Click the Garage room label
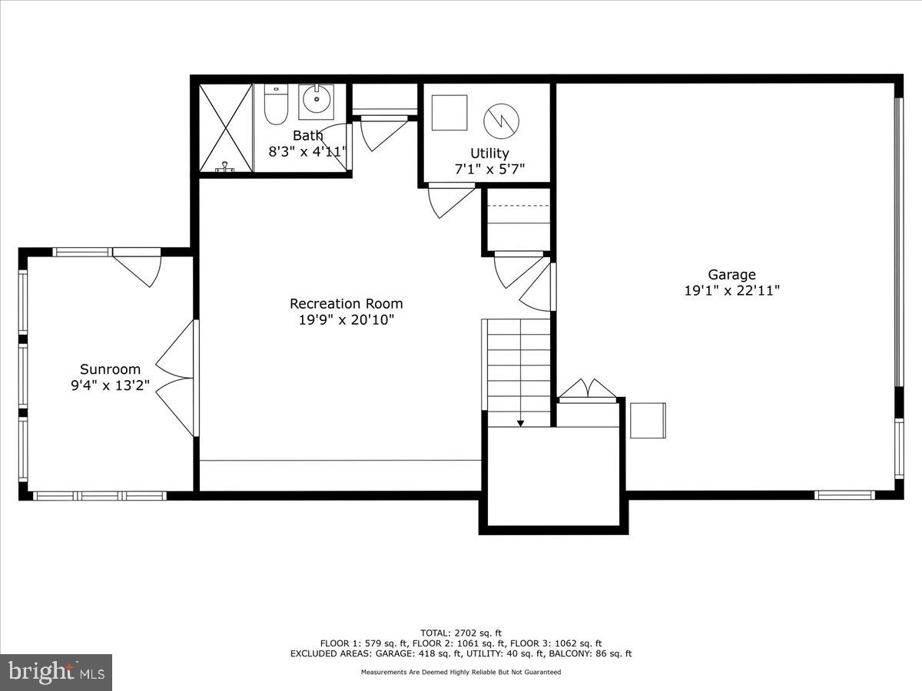(731, 274)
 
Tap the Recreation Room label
(346, 303)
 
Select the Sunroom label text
(110, 369)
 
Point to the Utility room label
(489, 153)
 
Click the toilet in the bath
(275, 105)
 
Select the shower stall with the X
(225, 127)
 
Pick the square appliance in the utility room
(449, 113)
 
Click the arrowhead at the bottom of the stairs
(520, 422)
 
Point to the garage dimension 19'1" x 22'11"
(731, 291)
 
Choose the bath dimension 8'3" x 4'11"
(307, 151)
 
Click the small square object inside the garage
(648, 420)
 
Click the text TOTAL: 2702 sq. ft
(460, 633)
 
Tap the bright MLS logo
(56, 672)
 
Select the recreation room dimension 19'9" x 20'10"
(346, 320)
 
